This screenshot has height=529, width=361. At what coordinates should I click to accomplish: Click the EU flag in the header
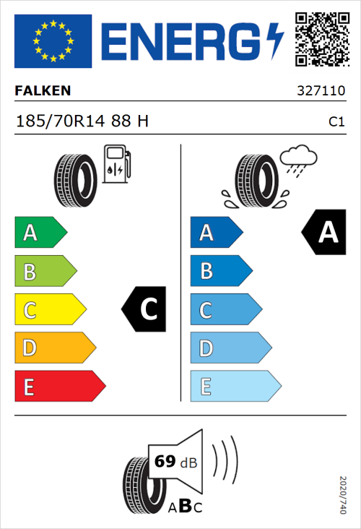pyautogui.click(x=53, y=41)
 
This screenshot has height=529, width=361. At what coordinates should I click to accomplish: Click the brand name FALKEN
pyautogui.click(x=43, y=90)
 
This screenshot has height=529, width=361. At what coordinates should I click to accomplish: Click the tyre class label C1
pyautogui.click(x=336, y=122)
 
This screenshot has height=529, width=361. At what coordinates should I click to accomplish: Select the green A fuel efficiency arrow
pyautogui.click(x=40, y=233)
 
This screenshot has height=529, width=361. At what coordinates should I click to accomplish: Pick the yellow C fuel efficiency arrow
pyautogui.click(x=49, y=310)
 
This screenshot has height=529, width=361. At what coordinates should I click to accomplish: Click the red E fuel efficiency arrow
pyautogui.click(x=59, y=387)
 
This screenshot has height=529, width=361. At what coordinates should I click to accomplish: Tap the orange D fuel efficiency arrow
pyautogui.click(x=54, y=348)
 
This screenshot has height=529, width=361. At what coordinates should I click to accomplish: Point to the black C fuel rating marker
pyautogui.click(x=145, y=309)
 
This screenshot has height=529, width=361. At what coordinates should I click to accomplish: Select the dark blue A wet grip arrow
pyautogui.click(x=216, y=233)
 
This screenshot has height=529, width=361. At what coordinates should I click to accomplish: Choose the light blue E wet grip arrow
pyautogui.click(x=235, y=387)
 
